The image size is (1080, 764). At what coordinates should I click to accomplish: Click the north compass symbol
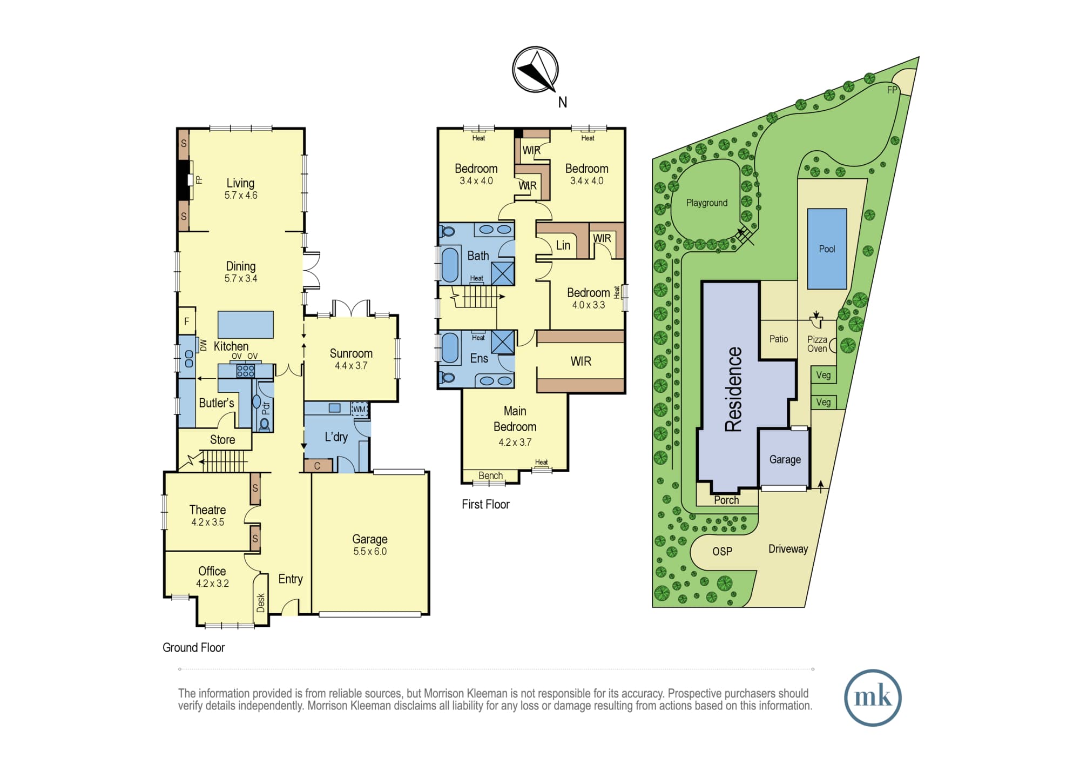(535, 70)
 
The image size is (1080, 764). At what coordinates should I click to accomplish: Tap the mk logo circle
(873, 698)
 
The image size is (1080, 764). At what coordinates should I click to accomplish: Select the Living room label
(240, 183)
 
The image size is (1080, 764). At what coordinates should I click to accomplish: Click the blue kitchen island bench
(246, 325)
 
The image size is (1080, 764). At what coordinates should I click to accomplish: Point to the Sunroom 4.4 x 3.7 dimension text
(351, 366)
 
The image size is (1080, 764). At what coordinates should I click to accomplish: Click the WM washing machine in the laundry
(360, 408)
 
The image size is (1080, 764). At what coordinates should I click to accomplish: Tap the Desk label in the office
(261, 602)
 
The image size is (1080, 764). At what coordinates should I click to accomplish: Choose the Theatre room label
(207, 510)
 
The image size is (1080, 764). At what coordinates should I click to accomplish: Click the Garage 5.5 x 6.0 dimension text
(370, 552)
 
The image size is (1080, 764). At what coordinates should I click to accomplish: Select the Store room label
(222, 440)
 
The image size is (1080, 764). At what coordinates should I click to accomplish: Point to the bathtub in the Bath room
(450, 264)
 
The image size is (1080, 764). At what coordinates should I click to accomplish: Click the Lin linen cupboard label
(563, 245)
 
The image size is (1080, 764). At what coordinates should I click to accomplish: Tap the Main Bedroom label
(515, 419)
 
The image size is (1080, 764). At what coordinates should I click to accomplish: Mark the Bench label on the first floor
(490, 475)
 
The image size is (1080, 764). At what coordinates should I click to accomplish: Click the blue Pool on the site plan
(827, 249)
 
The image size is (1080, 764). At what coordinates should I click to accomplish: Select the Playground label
(707, 203)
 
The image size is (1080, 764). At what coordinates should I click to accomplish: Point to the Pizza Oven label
(817, 344)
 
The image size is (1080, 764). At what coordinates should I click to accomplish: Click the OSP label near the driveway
(722, 552)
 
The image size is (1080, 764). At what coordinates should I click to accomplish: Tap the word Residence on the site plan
(733, 389)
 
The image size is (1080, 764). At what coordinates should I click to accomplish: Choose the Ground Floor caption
(193, 647)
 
